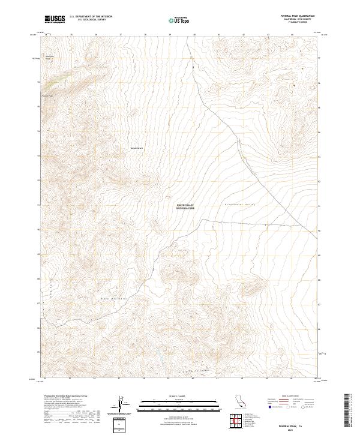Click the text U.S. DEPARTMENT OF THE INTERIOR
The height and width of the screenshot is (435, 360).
click(91, 17)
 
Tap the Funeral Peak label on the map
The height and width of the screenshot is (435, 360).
click(47, 95)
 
